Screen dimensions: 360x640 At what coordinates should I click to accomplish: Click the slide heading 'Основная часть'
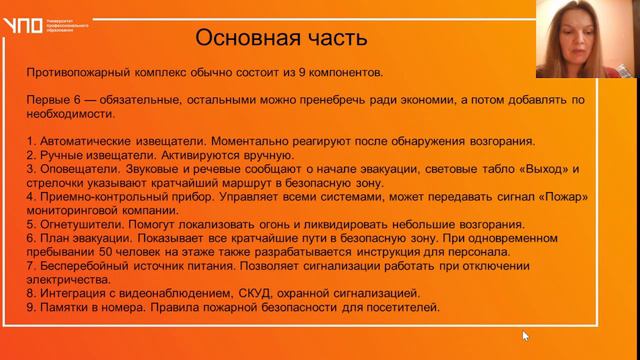coord(281,38)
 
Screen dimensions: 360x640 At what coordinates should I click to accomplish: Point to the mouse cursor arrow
coord(525,336)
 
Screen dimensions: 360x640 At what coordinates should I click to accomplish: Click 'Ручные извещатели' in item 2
coord(98,155)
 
